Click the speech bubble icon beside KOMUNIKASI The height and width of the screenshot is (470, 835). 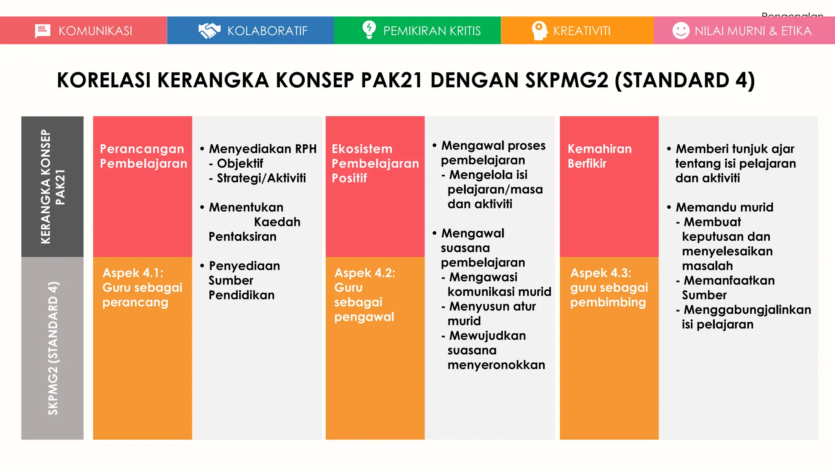[42, 31]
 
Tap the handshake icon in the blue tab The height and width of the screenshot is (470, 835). [209, 31]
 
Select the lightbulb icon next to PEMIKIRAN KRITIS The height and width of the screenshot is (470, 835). [369, 30]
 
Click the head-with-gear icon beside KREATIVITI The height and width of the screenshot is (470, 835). [539, 31]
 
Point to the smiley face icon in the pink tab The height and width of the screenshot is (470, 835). [680, 31]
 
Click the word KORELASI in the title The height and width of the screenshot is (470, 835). [104, 80]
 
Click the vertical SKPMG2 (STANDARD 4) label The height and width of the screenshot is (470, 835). [53, 348]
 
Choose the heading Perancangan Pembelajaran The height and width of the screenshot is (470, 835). [143, 156]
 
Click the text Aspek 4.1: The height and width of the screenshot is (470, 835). [133, 273]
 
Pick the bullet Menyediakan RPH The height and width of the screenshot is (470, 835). [262, 149]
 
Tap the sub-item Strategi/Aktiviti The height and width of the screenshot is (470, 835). [261, 178]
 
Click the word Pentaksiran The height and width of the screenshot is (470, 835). [242, 237]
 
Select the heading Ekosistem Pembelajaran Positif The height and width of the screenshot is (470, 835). [375, 164]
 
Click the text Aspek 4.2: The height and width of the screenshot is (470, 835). [364, 273]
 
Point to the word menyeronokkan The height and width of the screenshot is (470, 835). [496, 365]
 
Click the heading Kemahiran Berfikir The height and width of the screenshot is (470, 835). [599, 156]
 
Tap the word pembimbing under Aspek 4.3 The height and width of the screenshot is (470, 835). [607, 302]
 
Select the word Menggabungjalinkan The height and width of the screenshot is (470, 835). [747, 310]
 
